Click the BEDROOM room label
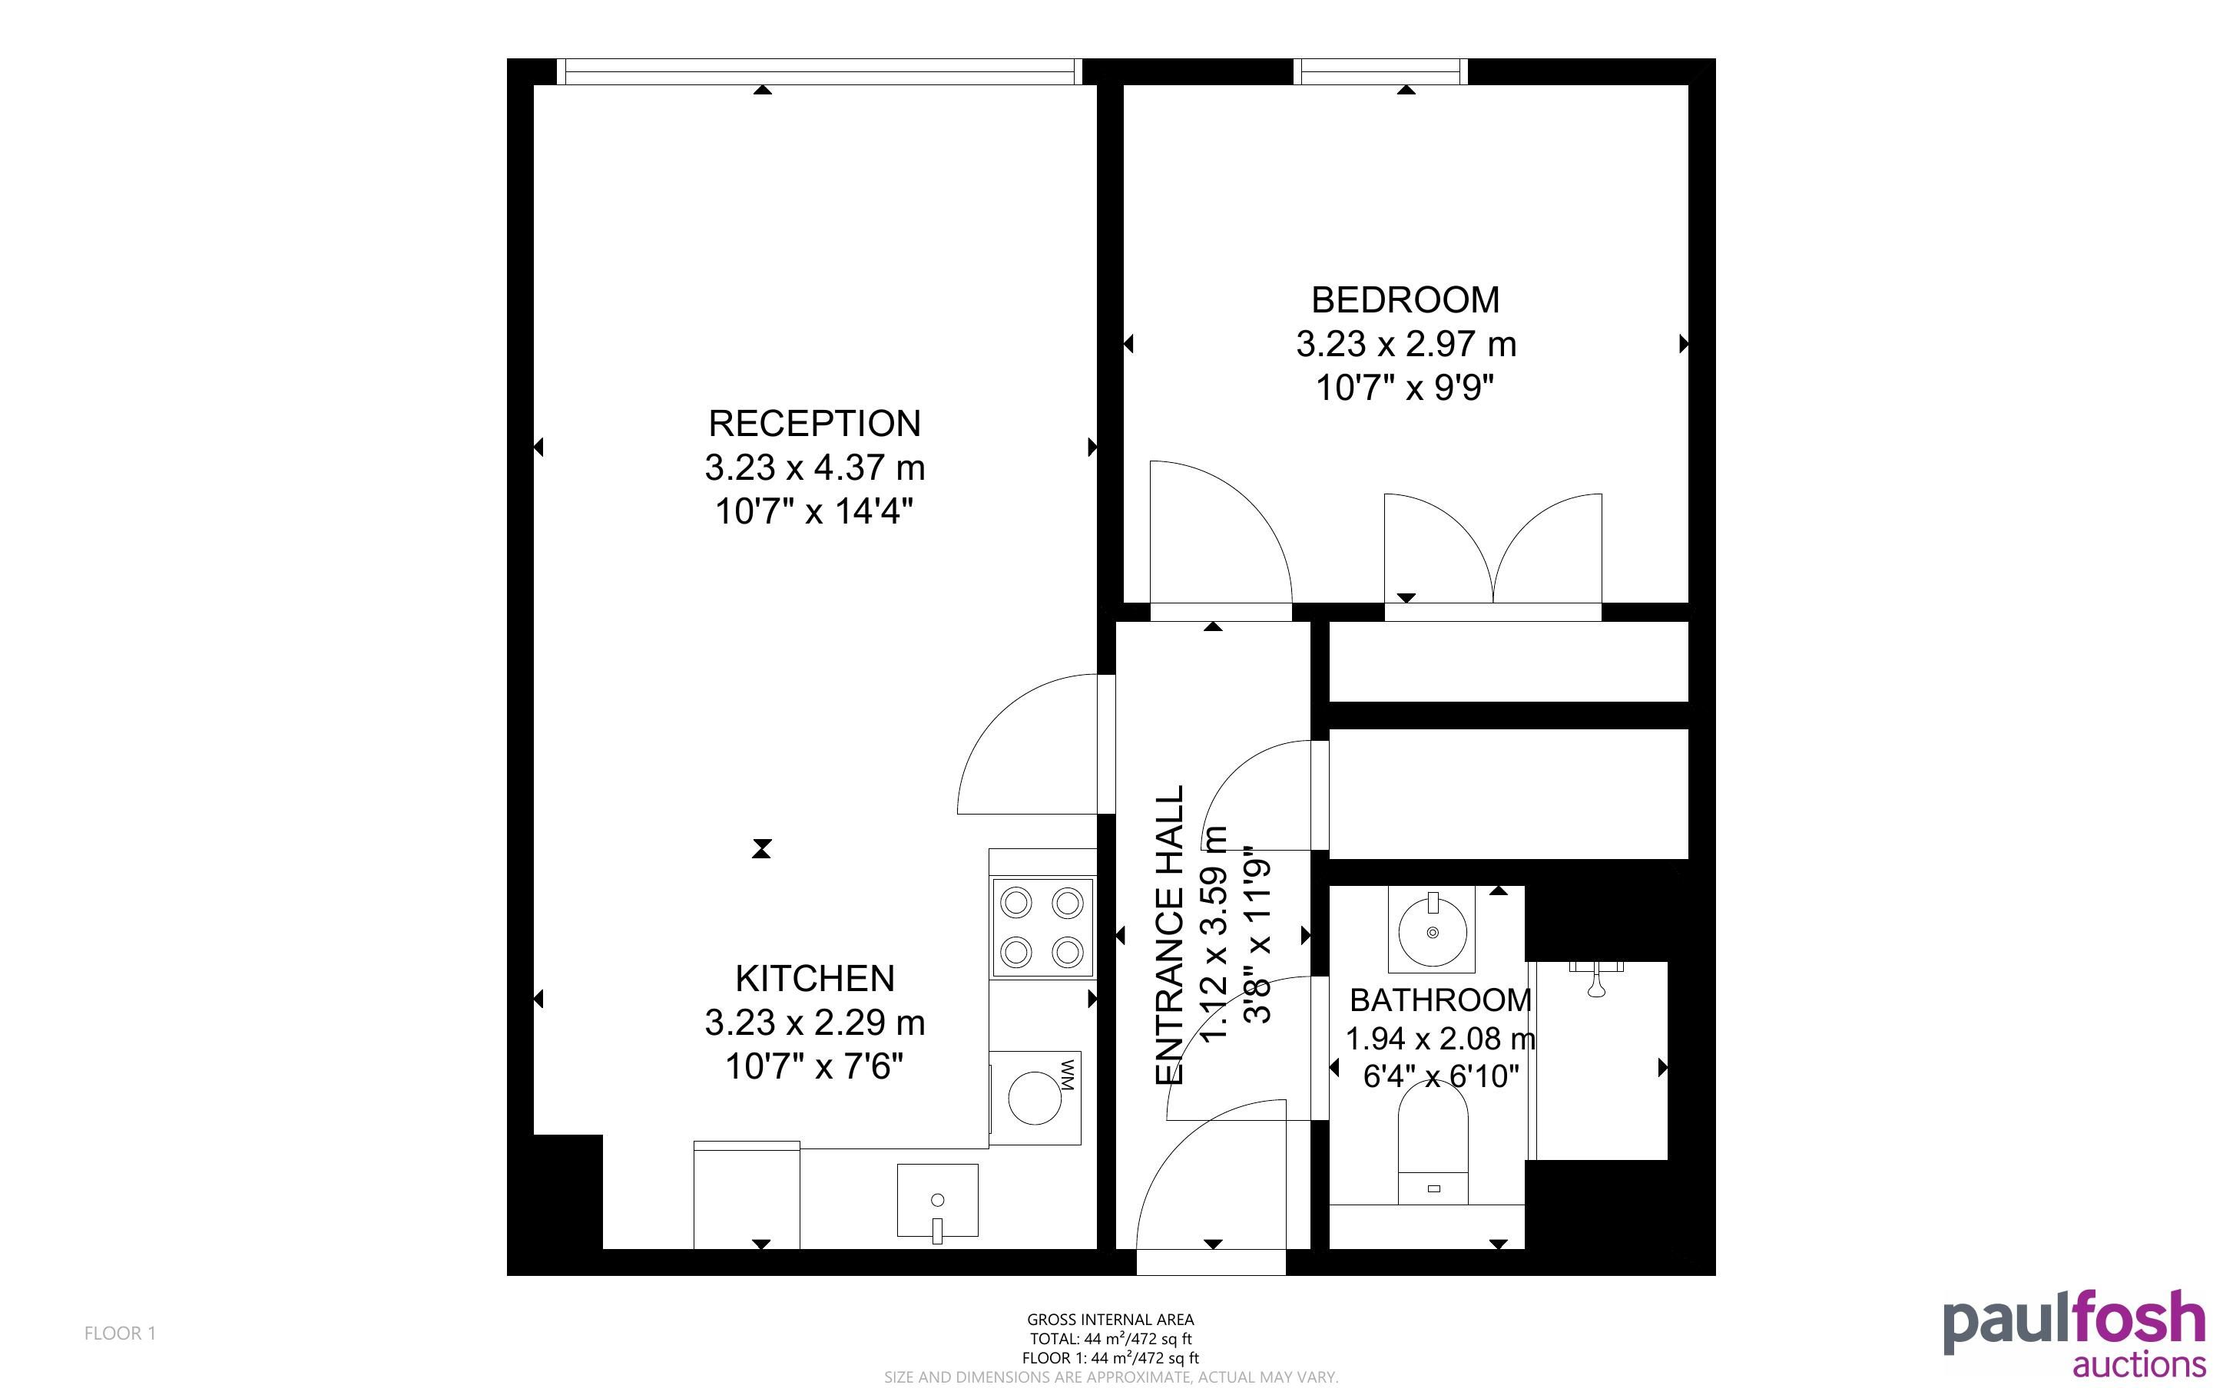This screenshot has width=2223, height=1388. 1406,300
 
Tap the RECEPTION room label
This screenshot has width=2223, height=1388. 814,423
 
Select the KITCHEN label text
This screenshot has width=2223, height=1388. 814,979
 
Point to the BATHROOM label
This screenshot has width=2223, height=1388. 1439,1000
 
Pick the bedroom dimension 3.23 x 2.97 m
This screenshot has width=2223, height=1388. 1406,344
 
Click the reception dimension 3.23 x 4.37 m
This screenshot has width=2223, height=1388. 814,468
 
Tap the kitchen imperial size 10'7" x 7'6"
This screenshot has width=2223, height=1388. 814,1066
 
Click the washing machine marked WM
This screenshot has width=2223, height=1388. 1035,1098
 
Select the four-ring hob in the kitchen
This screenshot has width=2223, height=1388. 1042,927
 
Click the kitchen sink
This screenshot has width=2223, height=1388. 936,1201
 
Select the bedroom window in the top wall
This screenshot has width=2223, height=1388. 1380,71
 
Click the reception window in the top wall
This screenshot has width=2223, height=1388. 819,71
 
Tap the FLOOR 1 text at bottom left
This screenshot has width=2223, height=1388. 121,1333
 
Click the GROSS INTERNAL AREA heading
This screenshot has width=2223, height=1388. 1110,1320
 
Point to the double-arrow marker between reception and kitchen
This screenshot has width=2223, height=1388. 761,849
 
